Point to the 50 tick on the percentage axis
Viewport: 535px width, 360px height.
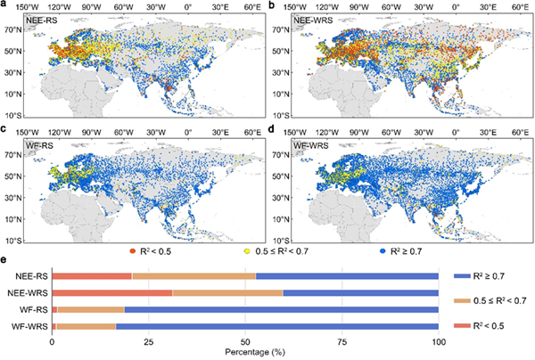click(x=245, y=342)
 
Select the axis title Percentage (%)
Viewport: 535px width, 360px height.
click(x=245, y=354)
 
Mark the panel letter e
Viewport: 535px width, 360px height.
click(x=5, y=261)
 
